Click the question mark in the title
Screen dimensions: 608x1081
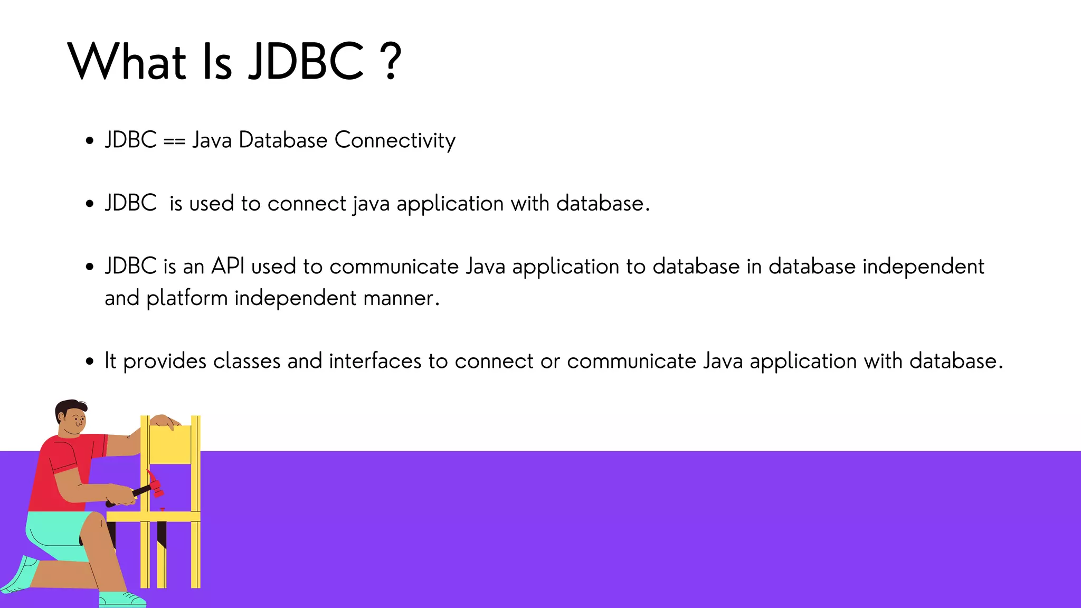391,62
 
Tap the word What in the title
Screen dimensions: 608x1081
127,62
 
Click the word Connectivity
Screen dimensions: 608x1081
395,141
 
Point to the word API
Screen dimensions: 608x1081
227,267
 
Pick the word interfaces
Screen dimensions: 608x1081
375,362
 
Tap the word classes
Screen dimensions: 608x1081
246,362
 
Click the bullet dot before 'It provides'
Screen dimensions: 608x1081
90,362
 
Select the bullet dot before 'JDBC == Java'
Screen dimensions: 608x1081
90,141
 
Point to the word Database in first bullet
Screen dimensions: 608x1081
283,141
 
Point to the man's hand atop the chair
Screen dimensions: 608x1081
165,421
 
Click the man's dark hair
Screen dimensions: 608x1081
69,407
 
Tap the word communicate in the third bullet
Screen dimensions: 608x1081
394,267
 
